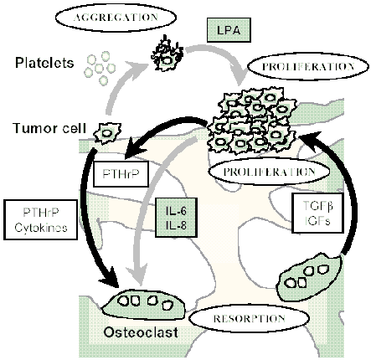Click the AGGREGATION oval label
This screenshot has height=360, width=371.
116,18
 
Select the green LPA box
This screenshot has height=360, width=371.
229,30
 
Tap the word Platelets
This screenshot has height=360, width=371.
44,63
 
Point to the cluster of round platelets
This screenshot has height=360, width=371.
100,68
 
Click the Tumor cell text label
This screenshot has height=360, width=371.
49,128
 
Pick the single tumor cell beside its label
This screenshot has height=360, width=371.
107,133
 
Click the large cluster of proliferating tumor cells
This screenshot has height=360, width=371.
251,120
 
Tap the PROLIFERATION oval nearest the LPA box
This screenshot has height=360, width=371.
308,67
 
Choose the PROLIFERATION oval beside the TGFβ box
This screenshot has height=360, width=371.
269,172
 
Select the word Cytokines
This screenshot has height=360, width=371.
41,228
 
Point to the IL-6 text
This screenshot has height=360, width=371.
176,211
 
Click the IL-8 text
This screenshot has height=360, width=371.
176,225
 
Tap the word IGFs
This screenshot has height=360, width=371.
317,221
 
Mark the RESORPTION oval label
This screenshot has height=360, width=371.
250,319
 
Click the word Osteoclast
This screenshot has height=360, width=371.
141,332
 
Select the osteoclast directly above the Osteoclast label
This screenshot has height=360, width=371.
143,304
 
